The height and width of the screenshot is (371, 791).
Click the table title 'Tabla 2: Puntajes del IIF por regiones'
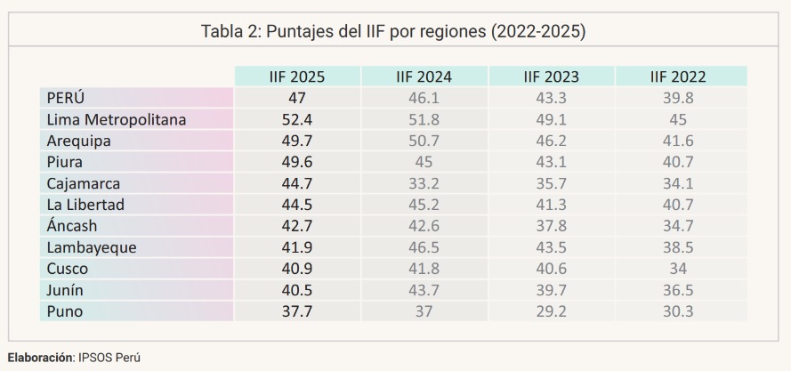395,31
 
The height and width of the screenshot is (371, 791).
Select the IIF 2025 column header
296,77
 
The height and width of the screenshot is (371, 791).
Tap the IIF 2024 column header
424,77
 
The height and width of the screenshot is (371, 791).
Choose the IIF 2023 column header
551,77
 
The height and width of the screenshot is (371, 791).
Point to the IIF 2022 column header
679,77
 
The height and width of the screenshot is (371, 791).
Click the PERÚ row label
66,97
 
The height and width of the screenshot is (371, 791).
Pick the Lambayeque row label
92,246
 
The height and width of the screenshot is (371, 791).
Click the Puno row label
64,311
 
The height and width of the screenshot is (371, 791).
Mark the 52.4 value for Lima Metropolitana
296,118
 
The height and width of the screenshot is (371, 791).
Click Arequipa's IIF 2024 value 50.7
424,140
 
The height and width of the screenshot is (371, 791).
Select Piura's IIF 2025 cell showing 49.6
296,161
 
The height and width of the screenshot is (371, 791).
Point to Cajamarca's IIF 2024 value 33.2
424,182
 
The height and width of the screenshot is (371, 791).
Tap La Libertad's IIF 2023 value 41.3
551,204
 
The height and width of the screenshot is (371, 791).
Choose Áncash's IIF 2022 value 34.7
679,225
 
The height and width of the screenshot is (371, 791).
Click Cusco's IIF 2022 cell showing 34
679,268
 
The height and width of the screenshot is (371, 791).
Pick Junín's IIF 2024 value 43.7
424,289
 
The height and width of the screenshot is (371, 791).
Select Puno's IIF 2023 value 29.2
551,311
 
